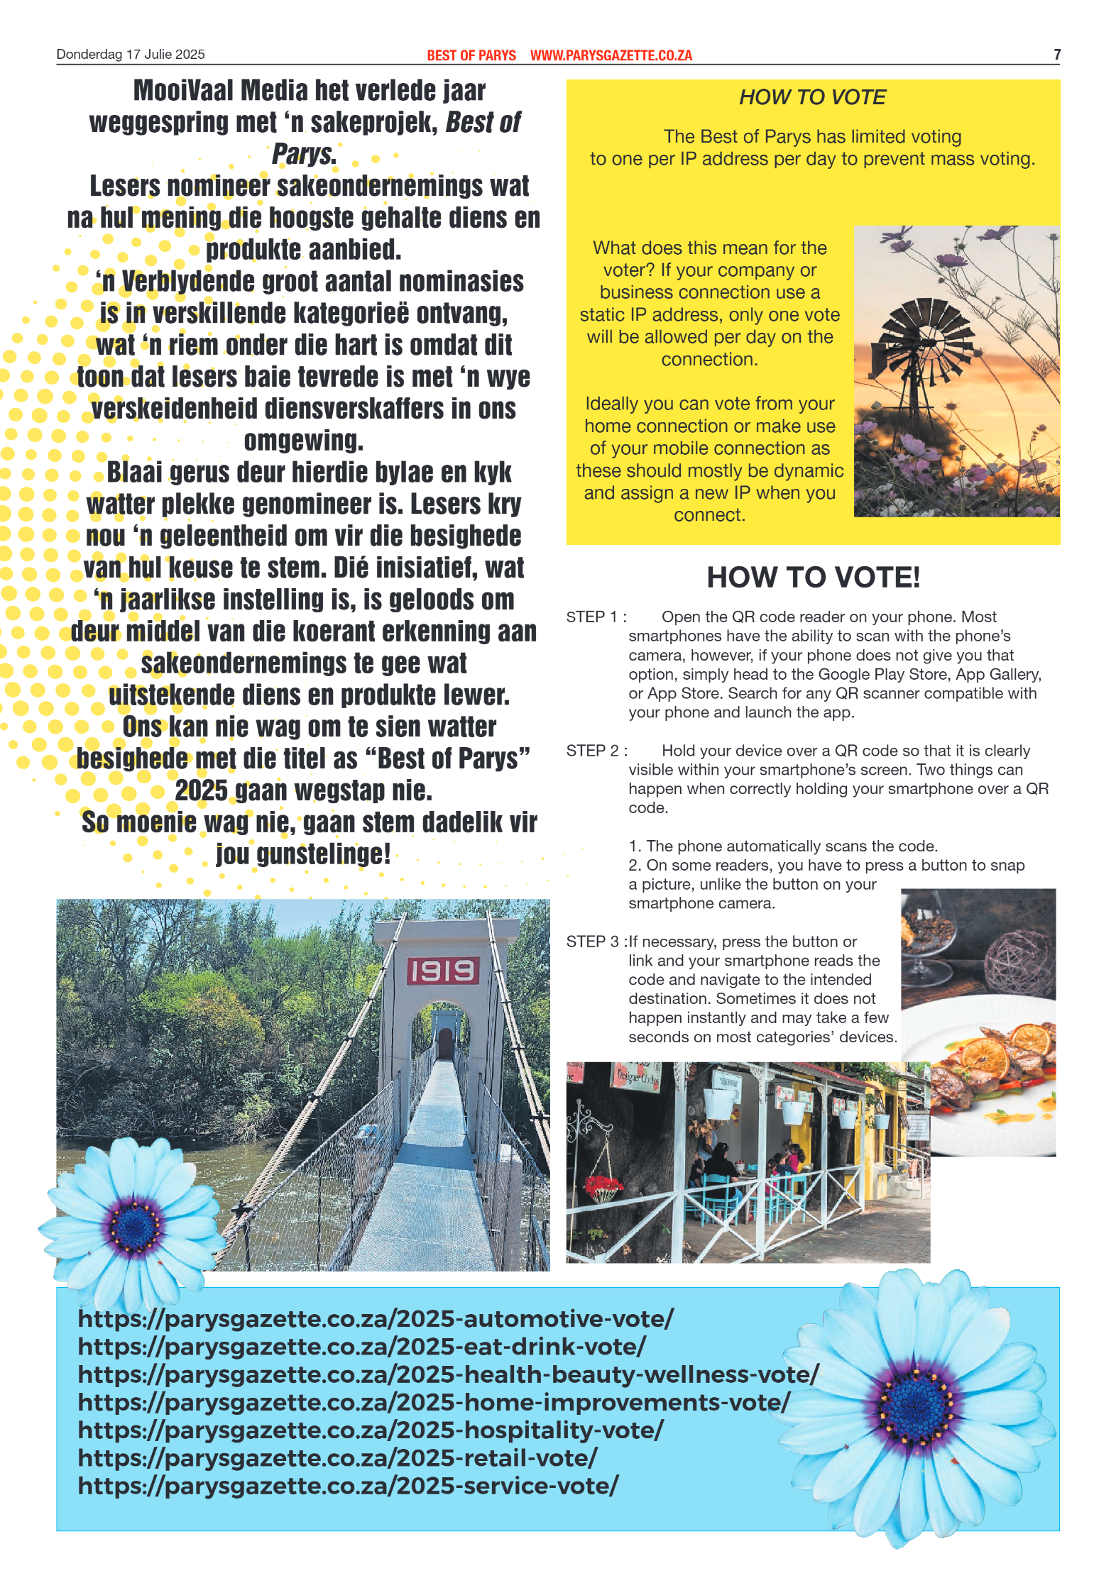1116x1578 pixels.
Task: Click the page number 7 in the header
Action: tap(1056, 55)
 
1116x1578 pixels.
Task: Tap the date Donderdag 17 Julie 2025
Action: tap(131, 55)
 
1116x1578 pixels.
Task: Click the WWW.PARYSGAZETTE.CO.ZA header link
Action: tap(611, 55)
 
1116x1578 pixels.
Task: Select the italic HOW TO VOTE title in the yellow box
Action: tap(812, 97)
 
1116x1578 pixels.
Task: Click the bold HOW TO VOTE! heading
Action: tap(813, 578)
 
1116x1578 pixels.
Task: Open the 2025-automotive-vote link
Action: tap(376, 1318)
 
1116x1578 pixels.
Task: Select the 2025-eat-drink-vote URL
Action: tap(362, 1346)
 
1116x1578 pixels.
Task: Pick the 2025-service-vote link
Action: tap(348, 1485)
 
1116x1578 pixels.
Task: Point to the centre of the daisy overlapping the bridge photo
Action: tap(134, 1225)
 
